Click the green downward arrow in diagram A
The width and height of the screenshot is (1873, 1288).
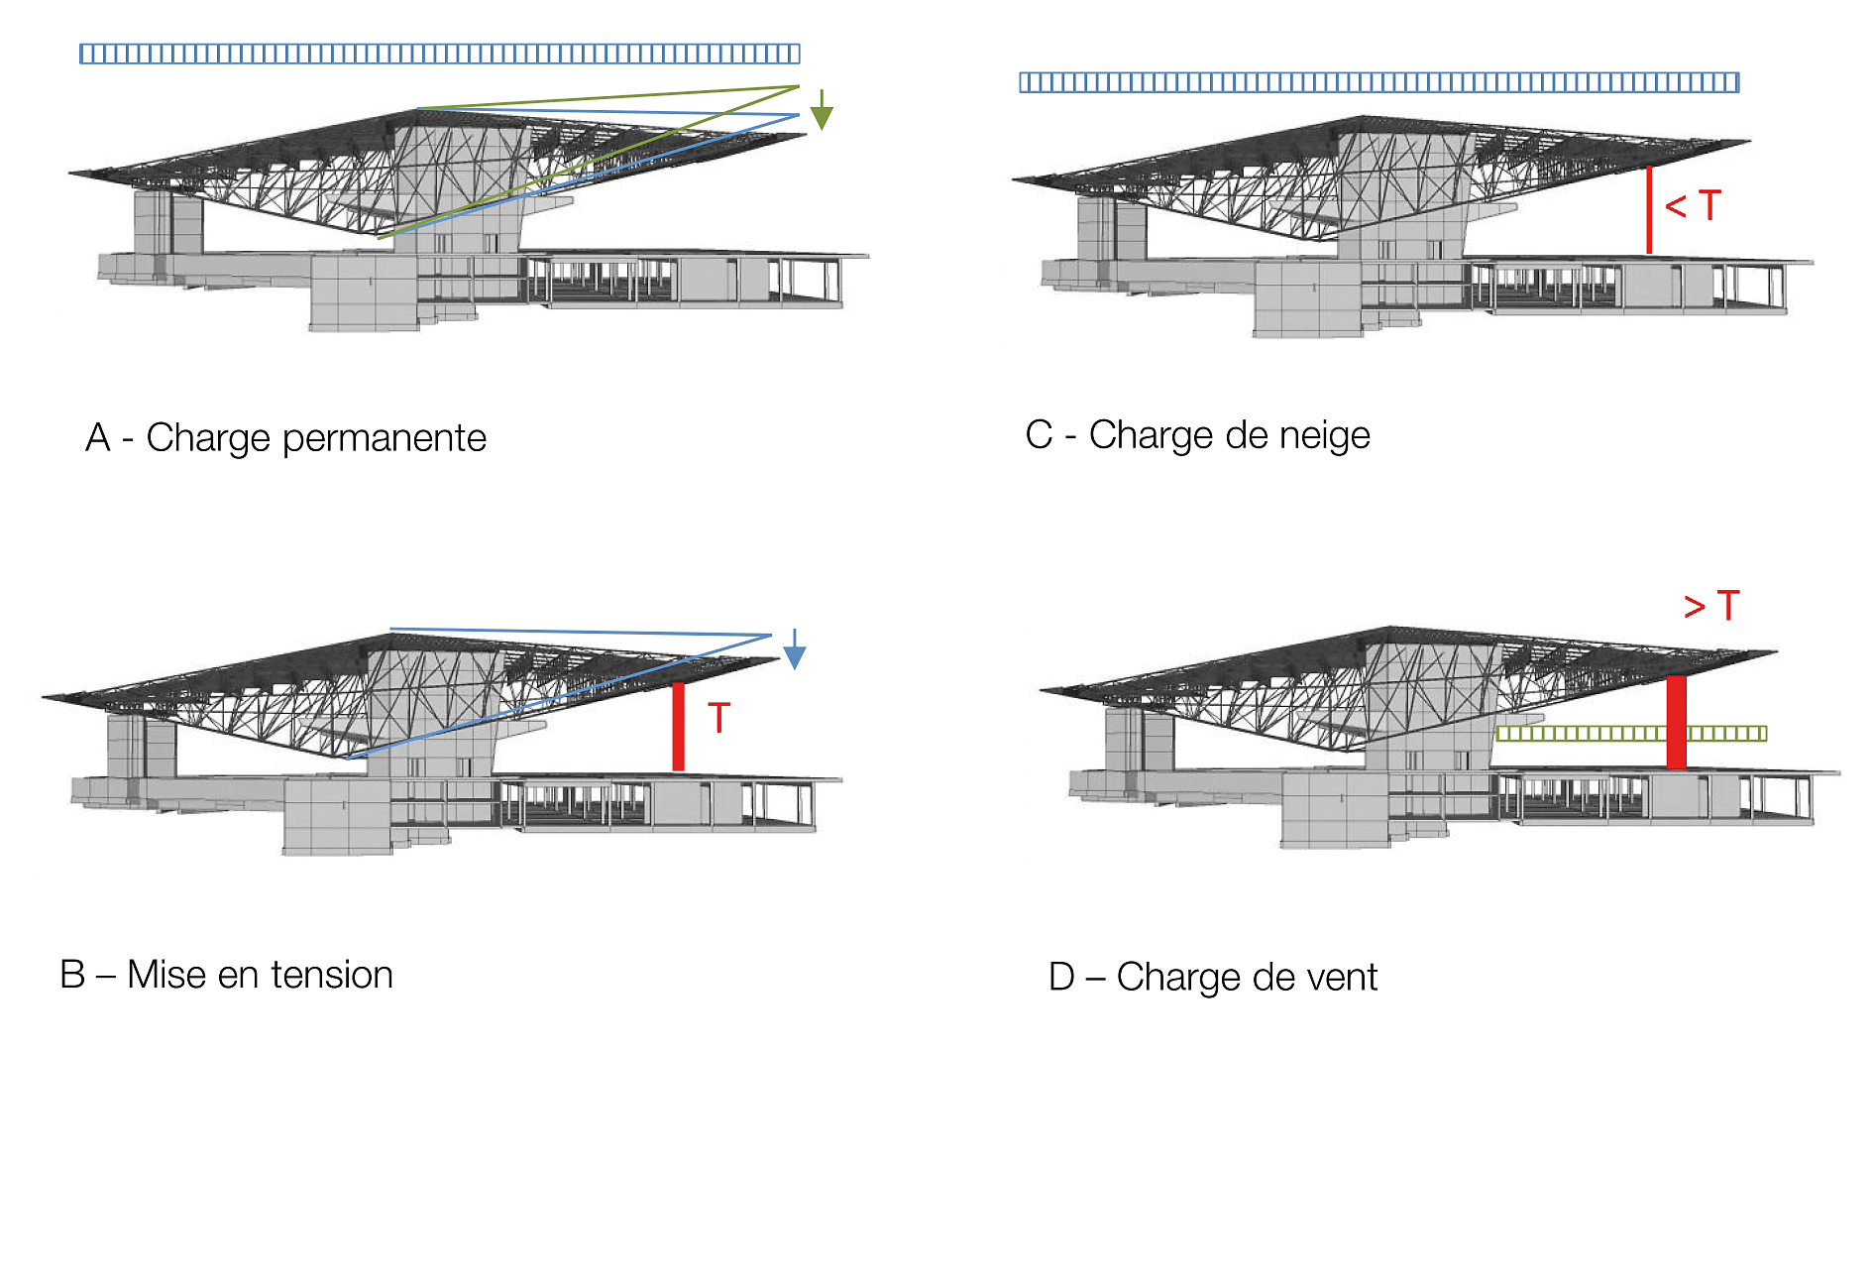(x=822, y=109)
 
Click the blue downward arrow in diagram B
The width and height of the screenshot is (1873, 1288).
(x=795, y=649)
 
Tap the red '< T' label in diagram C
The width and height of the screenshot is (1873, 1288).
(x=1693, y=205)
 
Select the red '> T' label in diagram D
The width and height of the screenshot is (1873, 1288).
(x=1711, y=605)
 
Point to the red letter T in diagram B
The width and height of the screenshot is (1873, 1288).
(x=719, y=718)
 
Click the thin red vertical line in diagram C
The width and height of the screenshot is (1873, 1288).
(x=1649, y=209)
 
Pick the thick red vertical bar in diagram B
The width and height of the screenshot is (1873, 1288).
(x=679, y=727)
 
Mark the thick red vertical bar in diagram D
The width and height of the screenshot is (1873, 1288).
(x=1676, y=722)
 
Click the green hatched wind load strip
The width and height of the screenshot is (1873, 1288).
(x=1631, y=734)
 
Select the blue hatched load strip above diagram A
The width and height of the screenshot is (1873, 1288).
(x=440, y=54)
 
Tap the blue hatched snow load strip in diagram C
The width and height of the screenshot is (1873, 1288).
(x=1379, y=82)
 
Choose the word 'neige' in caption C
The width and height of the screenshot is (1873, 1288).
(x=1323, y=435)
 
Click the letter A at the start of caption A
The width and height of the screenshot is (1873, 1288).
(x=98, y=437)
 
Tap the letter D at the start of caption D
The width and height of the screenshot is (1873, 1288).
(x=1061, y=977)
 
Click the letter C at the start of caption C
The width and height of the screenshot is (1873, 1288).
(x=1040, y=434)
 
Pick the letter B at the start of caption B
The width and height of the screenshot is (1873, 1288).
(x=72, y=975)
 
